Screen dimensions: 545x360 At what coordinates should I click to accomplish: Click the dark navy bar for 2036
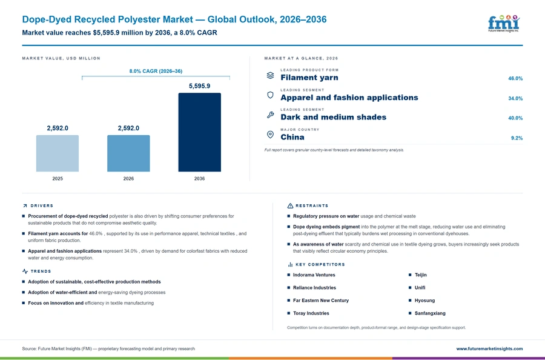point(199,132)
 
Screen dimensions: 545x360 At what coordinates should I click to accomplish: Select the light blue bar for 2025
point(58,153)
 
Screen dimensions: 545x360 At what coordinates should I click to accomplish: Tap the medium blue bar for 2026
point(128,153)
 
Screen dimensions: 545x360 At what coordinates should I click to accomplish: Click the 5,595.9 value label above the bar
point(199,86)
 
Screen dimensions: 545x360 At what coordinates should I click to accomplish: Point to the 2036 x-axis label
point(199,178)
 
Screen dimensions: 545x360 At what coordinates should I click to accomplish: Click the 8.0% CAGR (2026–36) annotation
point(156,71)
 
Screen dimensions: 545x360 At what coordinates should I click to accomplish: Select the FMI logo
point(504,23)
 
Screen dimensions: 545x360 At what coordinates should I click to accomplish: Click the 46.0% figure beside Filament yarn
point(515,79)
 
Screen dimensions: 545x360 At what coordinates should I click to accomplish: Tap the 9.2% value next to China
point(517,138)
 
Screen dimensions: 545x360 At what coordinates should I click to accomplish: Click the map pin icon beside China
point(270,135)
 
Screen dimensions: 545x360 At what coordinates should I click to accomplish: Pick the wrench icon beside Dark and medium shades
point(270,115)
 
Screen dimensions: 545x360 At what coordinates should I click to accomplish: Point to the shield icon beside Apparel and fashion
point(270,95)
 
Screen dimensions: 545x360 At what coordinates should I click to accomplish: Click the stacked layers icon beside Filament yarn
point(270,75)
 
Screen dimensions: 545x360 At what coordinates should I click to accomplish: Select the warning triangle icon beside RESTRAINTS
point(290,206)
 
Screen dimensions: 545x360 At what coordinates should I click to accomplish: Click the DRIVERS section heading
point(42,206)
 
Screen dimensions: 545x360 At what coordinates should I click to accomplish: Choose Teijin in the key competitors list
point(421,275)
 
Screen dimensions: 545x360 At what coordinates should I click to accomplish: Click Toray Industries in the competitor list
point(311,313)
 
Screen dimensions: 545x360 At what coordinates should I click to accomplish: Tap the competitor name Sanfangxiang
point(430,313)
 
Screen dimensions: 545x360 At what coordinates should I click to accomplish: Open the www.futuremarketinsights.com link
point(489,348)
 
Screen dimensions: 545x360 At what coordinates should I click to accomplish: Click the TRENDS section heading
point(41,272)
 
